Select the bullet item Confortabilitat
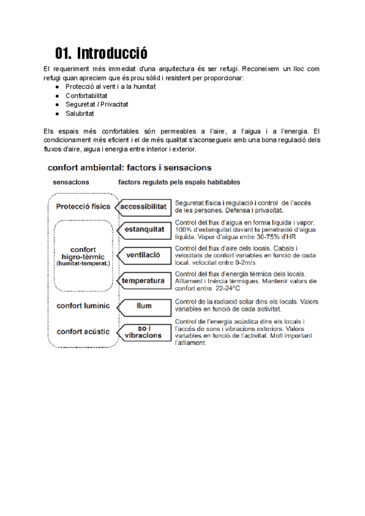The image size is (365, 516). click(x=86, y=96)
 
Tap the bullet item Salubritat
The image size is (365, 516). click(x=80, y=113)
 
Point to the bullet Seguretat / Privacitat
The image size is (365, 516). click(x=97, y=105)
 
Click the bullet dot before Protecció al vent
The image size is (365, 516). click(x=57, y=87)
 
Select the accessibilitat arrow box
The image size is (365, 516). click(x=142, y=207)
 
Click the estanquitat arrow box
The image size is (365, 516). click(x=144, y=230)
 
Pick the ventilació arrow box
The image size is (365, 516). click(x=143, y=256)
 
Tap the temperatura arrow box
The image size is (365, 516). click(x=143, y=281)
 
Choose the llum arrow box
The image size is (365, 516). click(x=144, y=305)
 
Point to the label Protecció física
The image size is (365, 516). click(x=83, y=206)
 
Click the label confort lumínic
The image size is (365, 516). click(x=83, y=305)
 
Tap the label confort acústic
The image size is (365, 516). click(x=83, y=332)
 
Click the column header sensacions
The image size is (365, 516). click(x=71, y=182)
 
